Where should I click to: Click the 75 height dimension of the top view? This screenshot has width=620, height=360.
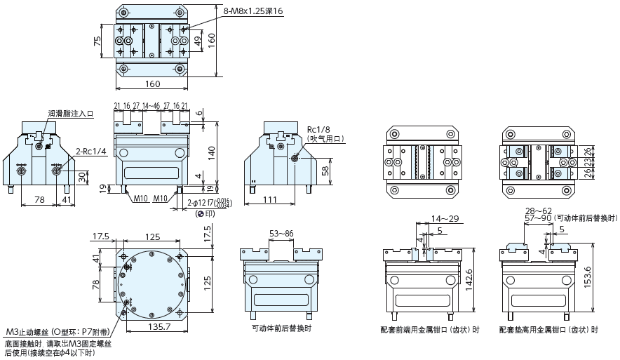(97, 42)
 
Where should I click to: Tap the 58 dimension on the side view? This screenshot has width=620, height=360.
(325, 171)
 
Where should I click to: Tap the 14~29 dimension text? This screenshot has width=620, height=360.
(445, 218)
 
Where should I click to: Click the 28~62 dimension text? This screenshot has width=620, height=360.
(539, 210)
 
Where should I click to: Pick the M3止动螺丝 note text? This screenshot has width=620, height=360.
(52, 332)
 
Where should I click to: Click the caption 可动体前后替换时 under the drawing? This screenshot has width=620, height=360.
(281, 328)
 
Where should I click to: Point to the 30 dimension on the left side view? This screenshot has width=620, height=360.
(81, 175)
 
